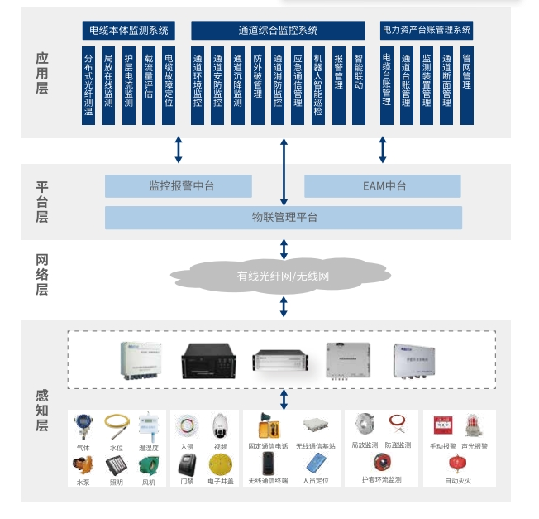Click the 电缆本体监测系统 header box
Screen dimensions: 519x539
(129, 31)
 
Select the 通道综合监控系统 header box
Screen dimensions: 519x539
(278, 31)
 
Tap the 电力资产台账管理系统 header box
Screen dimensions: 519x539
(427, 31)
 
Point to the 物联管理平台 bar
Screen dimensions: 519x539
(284, 218)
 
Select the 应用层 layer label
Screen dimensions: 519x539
(42, 73)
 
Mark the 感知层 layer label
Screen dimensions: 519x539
(42, 411)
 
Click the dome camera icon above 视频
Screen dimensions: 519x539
(219, 425)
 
